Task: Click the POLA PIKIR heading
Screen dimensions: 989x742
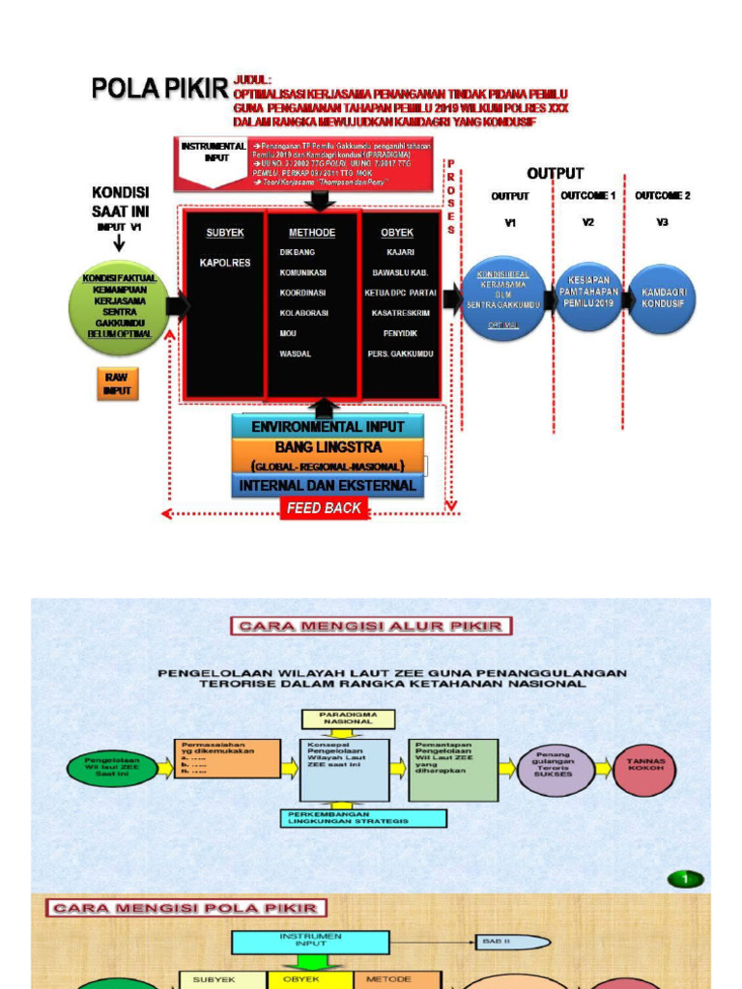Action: tap(159, 89)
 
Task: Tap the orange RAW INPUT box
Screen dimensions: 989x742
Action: tap(118, 382)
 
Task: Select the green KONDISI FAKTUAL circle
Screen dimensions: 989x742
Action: tap(119, 306)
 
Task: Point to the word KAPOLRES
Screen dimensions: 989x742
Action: tap(225, 263)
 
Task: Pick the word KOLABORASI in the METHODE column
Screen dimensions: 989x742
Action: tap(302, 313)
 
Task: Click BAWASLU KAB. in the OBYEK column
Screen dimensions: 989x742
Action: tap(400, 272)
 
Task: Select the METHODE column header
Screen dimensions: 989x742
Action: tap(312, 233)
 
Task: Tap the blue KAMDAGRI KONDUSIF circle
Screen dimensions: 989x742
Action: tap(662, 298)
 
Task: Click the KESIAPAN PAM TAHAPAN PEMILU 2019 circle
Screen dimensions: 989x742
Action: tap(587, 297)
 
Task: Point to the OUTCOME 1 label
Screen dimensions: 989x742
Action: tap(588, 196)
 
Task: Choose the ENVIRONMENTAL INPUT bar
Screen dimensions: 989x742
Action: tap(328, 427)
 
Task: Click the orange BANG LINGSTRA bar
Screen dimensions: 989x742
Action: tap(328, 448)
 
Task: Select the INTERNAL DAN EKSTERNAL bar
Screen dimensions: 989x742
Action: tap(328, 486)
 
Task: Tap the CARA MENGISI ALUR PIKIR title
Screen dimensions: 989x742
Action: tap(371, 626)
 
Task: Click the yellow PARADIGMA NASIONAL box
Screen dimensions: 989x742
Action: tap(348, 718)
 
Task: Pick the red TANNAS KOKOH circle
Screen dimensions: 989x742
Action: tap(644, 769)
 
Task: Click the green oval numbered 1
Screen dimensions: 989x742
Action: tap(686, 879)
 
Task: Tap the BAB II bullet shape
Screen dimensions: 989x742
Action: tap(512, 941)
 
